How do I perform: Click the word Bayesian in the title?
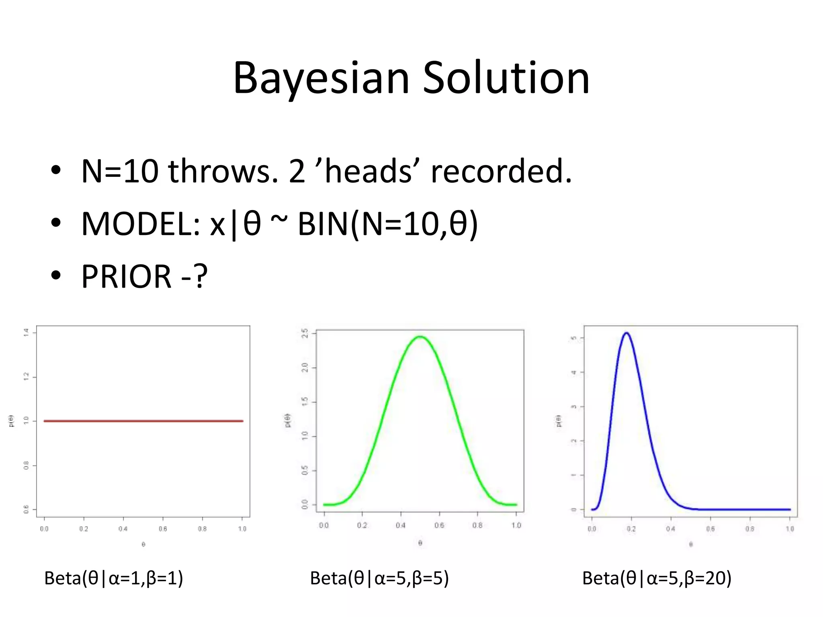pyautogui.click(x=321, y=78)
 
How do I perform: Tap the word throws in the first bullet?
pyautogui.click(x=222, y=172)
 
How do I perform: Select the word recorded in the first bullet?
pyautogui.click(x=501, y=172)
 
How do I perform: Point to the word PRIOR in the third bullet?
pyautogui.click(x=126, y=277)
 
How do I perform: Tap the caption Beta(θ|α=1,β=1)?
pyautogui.click(x=113, y=578)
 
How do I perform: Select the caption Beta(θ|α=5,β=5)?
pyautogui.click(x=379, y=578)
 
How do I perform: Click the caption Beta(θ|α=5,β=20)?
pyautogui.click(x=657, y=578)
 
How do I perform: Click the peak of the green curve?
pyautogui.click(x=420, y=337)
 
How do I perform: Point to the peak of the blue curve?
pyautogui.click(x=626, y=333)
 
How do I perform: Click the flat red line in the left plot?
pyautogui.click(x=143, y=421)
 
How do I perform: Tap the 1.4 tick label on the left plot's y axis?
pyautogui.click(x=26, y=332)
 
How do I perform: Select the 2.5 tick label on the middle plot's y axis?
pyautogui.click(x=305, y=333)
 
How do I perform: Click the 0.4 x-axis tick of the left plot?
pyautogui.click(x=123, y=529)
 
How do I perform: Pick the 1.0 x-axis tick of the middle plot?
pyautogui.click(x=516, y=525)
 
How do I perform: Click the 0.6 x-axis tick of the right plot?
pyautogui.click(x=710, y=529)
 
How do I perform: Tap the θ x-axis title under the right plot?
pyautogui.click(x=691, y=545)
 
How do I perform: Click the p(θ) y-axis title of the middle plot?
pyautogui.click(x=288, y=420)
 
